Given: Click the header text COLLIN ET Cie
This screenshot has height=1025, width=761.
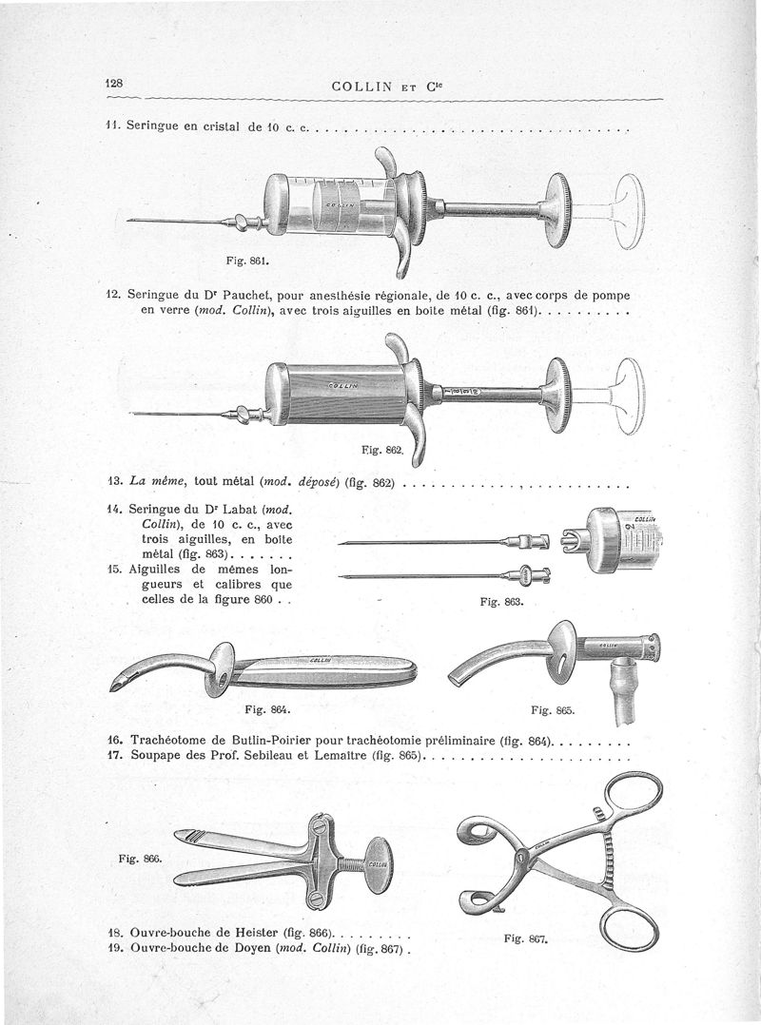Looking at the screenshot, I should [389, 87].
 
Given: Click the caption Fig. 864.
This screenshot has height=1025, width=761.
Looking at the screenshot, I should [267, 709].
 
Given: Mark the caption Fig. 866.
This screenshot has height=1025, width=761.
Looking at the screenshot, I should [139, 858].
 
